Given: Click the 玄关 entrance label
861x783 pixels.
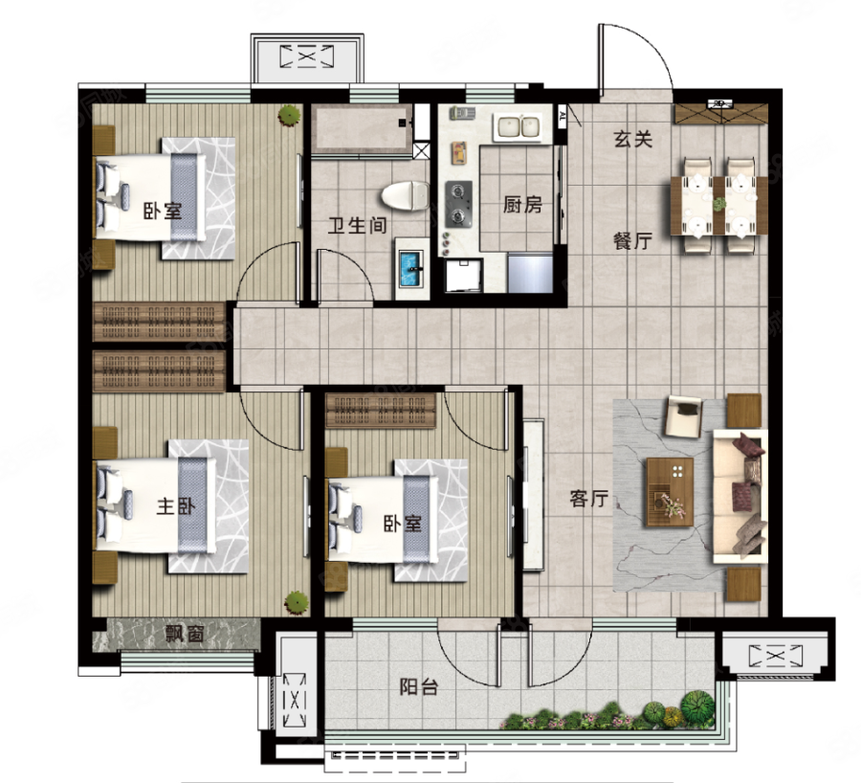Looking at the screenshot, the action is click(x=633, y=139).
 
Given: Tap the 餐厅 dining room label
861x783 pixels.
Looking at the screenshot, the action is click(x=632, y=240).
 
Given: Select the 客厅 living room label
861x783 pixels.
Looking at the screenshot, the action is click(x=588, y=498).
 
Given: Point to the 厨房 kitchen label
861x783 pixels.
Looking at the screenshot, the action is click(x=522, y=205).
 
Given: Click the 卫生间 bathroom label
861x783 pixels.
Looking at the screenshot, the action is click(x=358, y=225).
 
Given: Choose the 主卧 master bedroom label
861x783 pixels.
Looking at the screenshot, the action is click(x=176, y=505).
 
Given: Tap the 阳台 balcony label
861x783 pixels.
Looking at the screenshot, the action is click(x=418, y=686).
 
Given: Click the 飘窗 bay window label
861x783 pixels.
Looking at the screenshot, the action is click(x=185, y=634).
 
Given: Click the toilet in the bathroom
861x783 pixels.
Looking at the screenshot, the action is click(x=406, y=195).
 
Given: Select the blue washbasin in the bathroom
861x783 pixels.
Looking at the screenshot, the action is click(x=411, y=269).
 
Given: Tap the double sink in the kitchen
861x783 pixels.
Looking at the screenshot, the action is click(x=519, y=127).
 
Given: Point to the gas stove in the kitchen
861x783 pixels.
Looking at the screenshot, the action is click(x=458, y=204).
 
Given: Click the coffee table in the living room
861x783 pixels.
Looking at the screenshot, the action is click(x=670, y=492).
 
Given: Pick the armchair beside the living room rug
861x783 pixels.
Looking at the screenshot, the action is click(x=683, y=416).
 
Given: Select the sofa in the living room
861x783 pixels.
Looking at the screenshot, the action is click(x=740, y=496).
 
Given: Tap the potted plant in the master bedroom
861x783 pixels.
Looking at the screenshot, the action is click(x=296, y=602).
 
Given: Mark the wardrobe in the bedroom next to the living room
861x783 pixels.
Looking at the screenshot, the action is click(x=381, y=410).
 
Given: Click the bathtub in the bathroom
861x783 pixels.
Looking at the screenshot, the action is click(x=363, y=131).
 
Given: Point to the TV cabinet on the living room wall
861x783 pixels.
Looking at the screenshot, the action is click(x=533, y=495).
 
